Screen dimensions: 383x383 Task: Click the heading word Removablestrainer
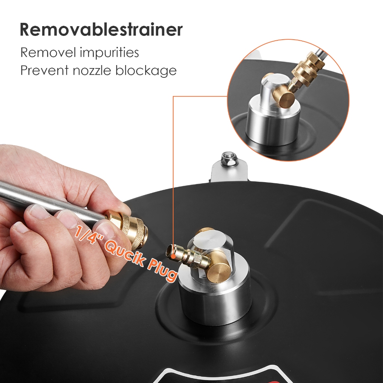click(x=101, y=30)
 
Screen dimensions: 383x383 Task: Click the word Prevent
click(x=45, y=70)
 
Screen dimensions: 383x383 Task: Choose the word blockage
click(x=146, y=71)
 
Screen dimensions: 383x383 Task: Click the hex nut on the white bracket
click(x=226, y=158)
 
